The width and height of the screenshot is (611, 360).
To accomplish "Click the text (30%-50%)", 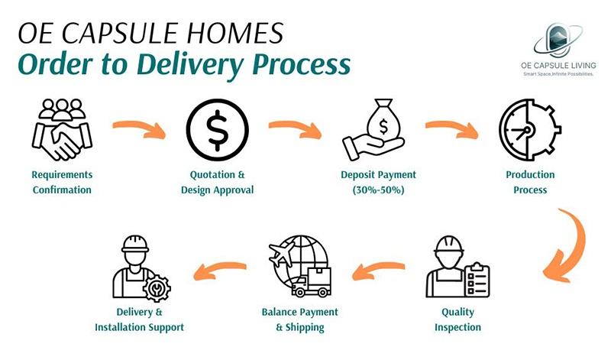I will coord(373,190).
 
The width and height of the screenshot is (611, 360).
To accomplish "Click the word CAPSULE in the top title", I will coord(138,34).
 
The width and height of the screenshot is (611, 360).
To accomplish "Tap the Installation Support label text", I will coord(139,327).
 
